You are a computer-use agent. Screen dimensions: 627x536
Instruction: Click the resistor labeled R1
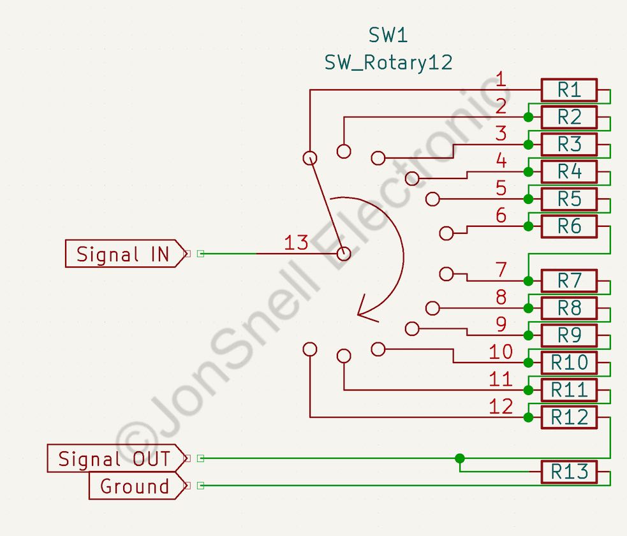point(569,90)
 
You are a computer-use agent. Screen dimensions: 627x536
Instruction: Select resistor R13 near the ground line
point(569,472)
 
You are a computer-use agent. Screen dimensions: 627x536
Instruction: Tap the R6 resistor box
point(569,226)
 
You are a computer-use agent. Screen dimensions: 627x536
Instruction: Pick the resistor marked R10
point(569,363)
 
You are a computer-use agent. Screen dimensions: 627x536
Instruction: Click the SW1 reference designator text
point(388,35)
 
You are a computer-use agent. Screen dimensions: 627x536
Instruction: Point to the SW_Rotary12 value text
point(388,62)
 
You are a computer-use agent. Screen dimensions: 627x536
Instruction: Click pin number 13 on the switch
point(296,243)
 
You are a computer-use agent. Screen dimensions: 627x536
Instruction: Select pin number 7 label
point(501,270)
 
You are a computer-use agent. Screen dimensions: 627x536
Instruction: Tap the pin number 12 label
point(501,406)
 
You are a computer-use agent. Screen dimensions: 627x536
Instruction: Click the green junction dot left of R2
point(528,117)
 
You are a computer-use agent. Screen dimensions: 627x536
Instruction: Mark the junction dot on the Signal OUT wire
point(460,458)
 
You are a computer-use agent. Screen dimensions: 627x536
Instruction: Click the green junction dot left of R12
point(528,417)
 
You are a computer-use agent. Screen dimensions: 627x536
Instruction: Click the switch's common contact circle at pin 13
point(344,254)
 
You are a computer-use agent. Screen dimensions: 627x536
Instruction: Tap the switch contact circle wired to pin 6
point(446,233)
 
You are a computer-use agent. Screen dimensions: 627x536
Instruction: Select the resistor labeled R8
point(569,308)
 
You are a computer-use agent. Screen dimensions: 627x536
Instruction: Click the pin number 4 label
point(501,161)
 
